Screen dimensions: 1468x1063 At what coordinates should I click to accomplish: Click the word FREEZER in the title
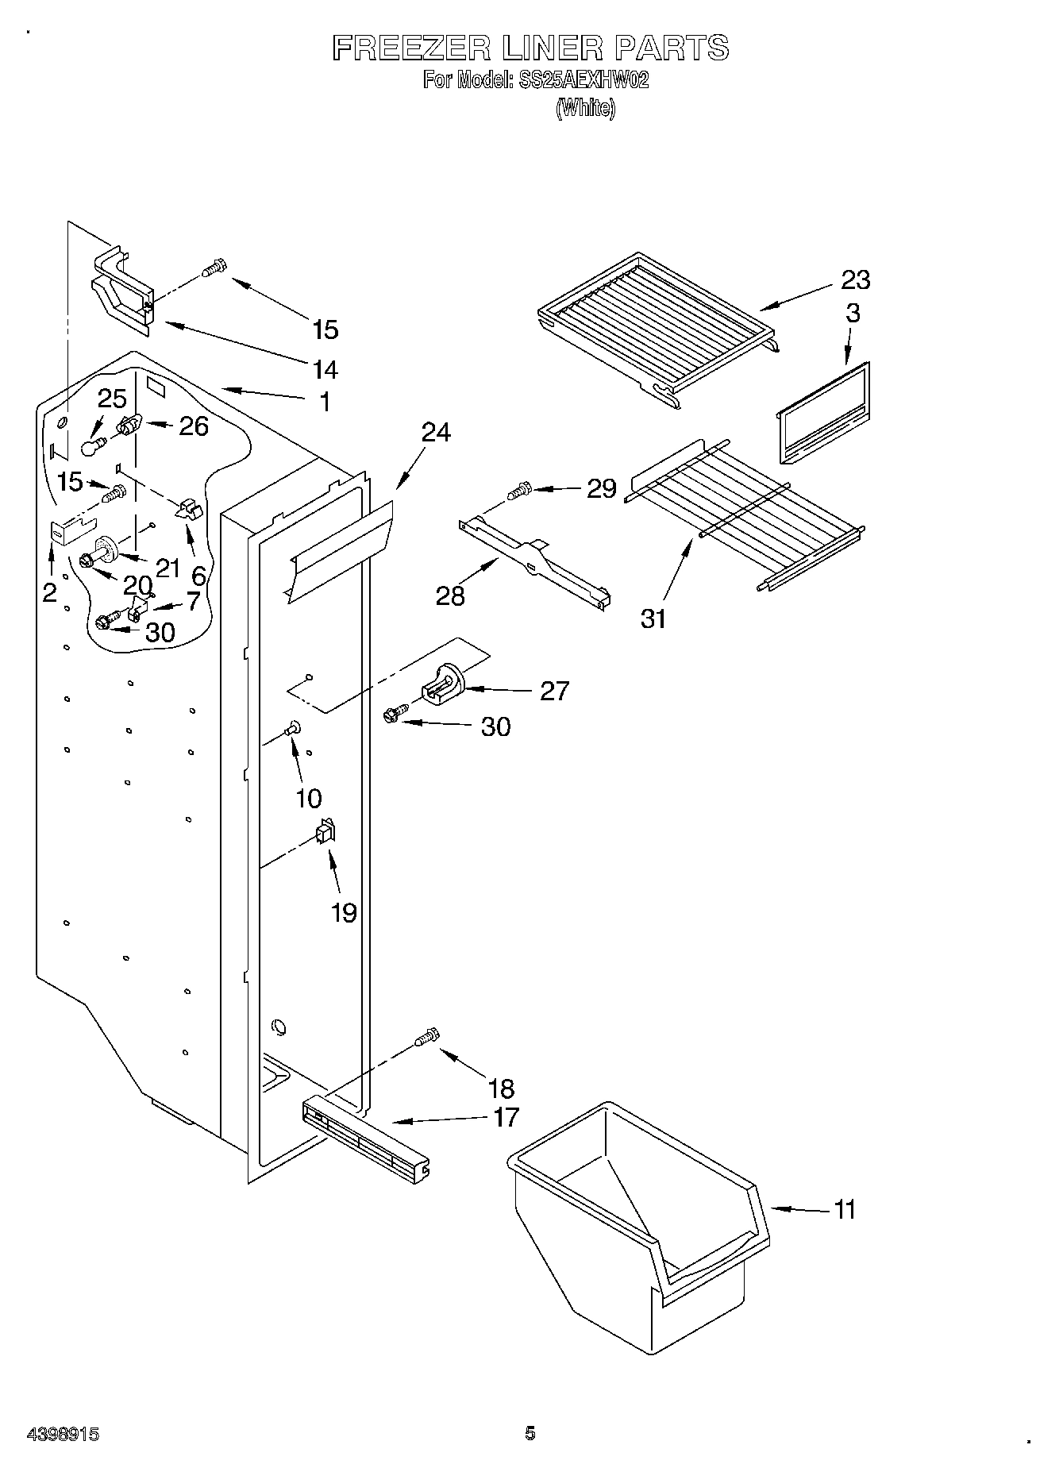411,49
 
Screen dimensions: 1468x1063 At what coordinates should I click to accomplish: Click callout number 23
855,279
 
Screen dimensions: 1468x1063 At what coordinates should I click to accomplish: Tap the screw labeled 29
520,491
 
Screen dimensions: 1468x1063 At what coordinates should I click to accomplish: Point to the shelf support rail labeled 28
534,559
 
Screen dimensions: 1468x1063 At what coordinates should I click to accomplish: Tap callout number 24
436,433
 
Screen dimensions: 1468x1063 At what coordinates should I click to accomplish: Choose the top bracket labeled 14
121,291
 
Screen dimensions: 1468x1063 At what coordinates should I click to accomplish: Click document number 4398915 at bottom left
63,1435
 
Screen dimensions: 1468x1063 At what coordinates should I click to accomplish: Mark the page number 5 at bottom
530,1433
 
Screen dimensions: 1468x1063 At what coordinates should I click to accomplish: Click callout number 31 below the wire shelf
653,618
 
